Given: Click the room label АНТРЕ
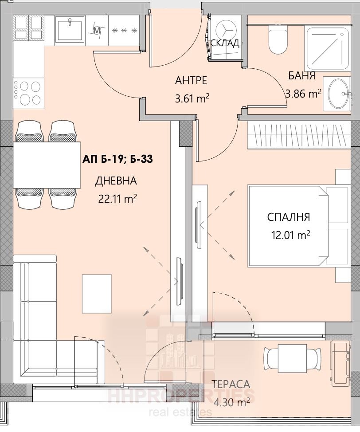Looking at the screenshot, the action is [x=191, y=80].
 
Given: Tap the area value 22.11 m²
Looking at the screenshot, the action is [x=117, y=198].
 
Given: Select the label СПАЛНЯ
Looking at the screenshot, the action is [x=288, y=217].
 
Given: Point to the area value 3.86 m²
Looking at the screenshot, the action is [x=303, y=94].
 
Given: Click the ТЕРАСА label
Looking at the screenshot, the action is [x=231, y=384].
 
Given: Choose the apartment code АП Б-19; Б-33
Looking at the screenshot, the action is [x=117, y=159].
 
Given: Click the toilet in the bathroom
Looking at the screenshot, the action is [x=278, y=40].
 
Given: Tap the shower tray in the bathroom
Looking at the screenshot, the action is [x=328, y=49].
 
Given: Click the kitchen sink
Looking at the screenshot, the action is [x=70, y=29].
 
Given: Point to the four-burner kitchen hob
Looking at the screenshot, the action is [x=28, y=93].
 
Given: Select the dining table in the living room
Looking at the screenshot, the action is [x=47, y=165].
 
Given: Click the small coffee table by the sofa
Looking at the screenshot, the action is [x=97, y=294].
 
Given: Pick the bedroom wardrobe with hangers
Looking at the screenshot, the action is [x=299, y=135].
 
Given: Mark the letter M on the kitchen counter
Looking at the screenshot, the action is [x=96, y=30].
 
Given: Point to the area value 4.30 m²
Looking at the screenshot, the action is [x=231, y=402].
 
